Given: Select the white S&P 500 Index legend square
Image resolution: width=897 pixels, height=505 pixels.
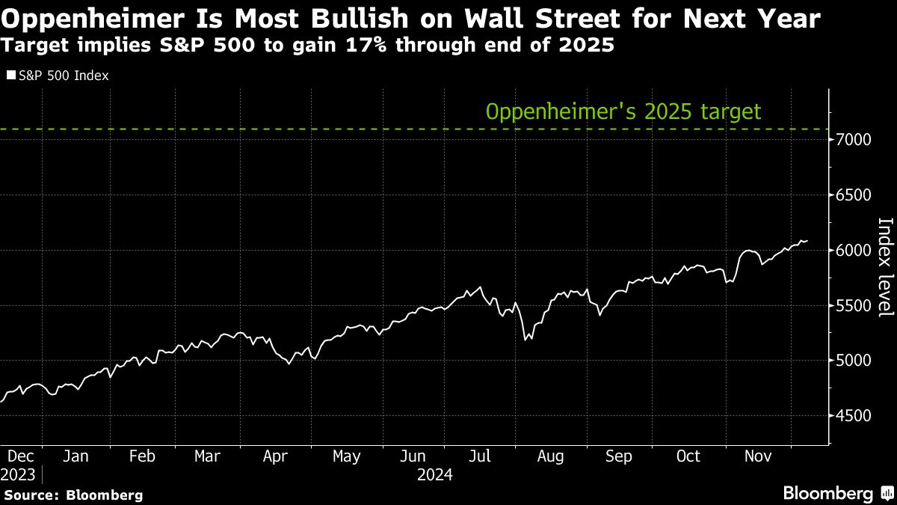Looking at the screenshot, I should click(x=10, y=76).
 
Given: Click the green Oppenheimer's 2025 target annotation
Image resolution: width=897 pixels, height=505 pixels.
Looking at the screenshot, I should click(x=623, y=112).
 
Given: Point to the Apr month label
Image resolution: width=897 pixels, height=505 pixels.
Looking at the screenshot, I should click(x=277, y=456).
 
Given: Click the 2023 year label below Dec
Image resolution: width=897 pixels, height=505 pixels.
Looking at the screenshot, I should click(x=19, y=474).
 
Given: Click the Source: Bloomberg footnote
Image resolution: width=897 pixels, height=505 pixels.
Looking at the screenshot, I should click(x=73, y=495).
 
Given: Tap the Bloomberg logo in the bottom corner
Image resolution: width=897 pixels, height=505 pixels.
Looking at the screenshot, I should click(x=836, y=493).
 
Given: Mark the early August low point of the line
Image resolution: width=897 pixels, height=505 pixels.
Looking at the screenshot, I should click(x=525, y=340).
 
